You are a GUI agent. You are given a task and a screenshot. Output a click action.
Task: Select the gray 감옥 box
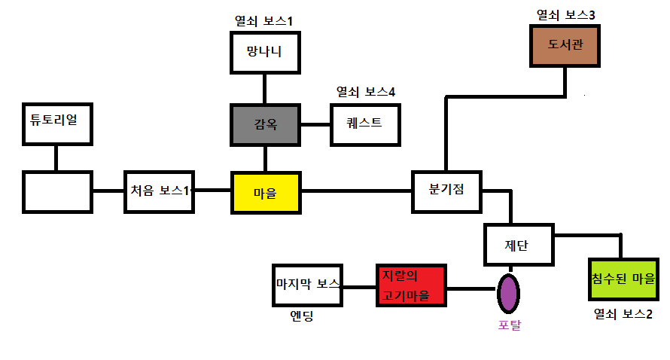pos(264,124)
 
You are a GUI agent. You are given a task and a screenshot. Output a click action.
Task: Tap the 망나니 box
pos(264,53)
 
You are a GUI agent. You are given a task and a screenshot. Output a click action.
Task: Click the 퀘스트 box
pos(365,124)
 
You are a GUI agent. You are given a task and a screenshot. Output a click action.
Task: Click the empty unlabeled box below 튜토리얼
pos(56,191)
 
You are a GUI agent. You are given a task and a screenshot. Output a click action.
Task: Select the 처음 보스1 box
pos(159,191)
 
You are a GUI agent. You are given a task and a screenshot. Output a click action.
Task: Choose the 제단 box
pos(519,245)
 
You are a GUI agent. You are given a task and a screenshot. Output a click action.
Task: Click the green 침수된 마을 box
pos(623,279)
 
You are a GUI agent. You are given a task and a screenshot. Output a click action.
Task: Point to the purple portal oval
pos(509,292)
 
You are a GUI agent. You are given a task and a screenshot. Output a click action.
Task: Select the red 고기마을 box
pos(410,285)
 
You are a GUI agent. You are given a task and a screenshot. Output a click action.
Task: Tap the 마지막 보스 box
pos(307,285)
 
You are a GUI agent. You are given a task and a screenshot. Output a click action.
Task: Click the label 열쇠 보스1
pos(264,21)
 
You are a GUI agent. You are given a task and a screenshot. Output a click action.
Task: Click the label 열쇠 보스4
pos(365,92)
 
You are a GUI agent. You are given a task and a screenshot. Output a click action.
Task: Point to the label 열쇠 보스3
pos(565,14)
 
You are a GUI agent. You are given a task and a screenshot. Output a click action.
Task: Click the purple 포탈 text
pos(509,325)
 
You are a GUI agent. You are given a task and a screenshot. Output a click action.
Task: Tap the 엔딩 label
pos(301,315)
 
